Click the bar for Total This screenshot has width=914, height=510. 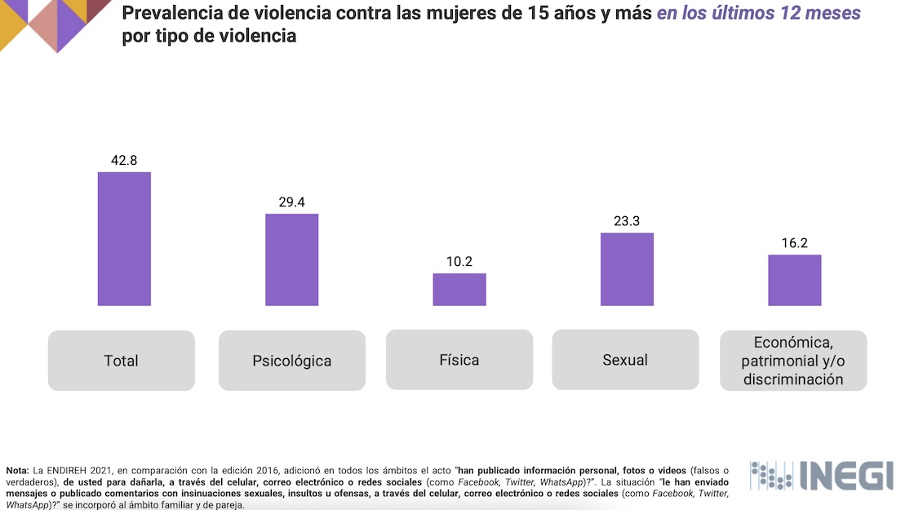pyautogui.click(x=124, y=239)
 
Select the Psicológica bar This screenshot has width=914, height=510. pyautogui.click(x=292, y=259)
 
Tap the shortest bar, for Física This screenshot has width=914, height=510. pyautogui.click(x=459, y=290)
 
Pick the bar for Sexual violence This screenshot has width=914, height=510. pyautogui.click(x=627, y=269)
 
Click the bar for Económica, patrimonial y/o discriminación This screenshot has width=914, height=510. pyautogui.click(x=794, y=280)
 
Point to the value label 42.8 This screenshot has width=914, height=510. pyautogui.click(x=124, y=160)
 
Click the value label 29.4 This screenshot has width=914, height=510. pyautogui.click(x=292, y=202)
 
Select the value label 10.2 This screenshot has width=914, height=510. pyautogui.click(x=459, y=262)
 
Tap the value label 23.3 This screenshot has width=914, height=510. pyautogui.click(x=627, y=221)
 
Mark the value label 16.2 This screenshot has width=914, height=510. pyautogui.click(x=794, y=243)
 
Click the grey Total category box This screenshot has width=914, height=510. pyautogui.click(x=122, y=360)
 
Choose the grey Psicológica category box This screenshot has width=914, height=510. pyautogui.click(x=292, y=360)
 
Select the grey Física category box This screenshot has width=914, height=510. pyautogui.click(x=459, y=359)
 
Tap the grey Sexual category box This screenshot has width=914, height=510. pyautogui.click(x=626, y=359)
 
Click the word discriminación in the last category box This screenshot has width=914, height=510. pyautogui.click(x=792, y=379)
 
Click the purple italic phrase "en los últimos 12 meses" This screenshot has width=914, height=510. pyautogui.click(x=758, y=14)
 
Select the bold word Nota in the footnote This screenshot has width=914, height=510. pyautogui.click(x=17, y=471)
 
